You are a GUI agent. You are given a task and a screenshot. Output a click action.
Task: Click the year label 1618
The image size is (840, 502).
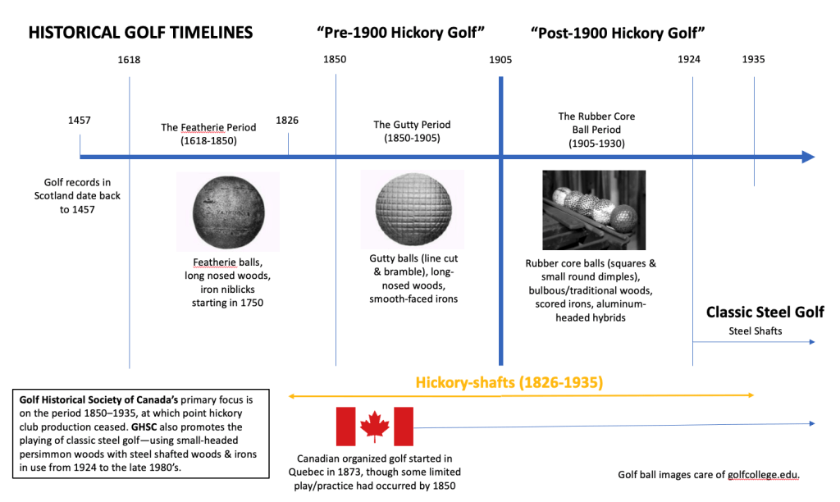tap(129, 59)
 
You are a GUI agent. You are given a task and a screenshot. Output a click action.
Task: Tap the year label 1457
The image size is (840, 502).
tap(80, 120)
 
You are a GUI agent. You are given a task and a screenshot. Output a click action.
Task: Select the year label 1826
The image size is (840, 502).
tap(287, 120)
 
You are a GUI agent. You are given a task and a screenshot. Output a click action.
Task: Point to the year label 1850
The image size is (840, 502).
tap(335, 59)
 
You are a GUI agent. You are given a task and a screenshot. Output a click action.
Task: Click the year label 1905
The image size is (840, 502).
tap(500, 59)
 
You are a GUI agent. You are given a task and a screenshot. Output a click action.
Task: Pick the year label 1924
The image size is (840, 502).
tap(692, 59)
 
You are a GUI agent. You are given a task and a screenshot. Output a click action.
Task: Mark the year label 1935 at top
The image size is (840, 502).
tap(754, 59)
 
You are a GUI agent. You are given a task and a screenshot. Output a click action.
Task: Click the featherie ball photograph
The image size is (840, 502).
tap(227, 211)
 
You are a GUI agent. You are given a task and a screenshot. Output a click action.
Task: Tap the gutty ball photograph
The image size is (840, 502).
tap(413, 208)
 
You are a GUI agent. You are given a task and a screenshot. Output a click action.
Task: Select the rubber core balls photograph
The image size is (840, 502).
tap(594, 209)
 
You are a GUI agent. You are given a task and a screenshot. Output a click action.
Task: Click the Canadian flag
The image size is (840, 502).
tap(374, 426)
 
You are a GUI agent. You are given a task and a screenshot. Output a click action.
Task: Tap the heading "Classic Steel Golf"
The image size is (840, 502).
tap(765, 313)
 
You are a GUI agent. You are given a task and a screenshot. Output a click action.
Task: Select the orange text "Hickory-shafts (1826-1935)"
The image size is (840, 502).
tap(509, 382)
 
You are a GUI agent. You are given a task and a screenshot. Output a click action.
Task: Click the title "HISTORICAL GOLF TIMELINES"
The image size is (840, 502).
tap(140, 33)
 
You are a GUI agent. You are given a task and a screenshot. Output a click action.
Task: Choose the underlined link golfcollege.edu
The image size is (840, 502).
tap(763, 475)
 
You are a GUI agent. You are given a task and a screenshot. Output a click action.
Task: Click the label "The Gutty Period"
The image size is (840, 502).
tap(412, 125)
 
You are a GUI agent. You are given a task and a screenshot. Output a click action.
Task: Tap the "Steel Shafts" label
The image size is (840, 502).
tap(756, 331)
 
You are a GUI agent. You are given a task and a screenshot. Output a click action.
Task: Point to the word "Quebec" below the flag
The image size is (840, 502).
tap(322, 472)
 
